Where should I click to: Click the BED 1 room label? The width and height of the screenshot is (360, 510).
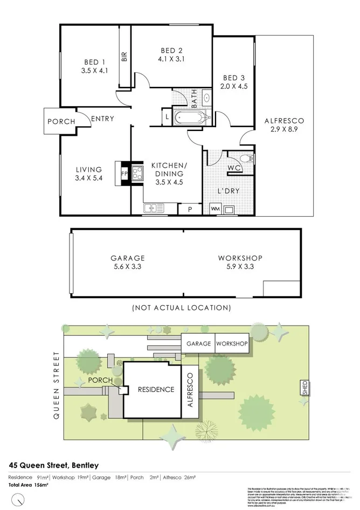pyautogui.click(x=95, y=61)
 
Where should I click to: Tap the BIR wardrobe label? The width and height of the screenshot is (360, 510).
pyautogui.click(x=124, y=57)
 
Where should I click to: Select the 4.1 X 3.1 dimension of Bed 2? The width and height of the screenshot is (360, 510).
pyautogui.click(x=171, y=59)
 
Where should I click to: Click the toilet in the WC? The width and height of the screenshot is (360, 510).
pyautogui.click(x=245, y=158)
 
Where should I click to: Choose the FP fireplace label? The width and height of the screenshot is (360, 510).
pyautogui.click(x=124, y=174)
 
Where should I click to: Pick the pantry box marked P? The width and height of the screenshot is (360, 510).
pyautogui.click(x=189, y=209)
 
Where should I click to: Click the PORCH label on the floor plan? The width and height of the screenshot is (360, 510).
pyautogui.click(x=61, y=121)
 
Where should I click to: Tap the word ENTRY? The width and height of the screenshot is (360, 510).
pyautogui.click(x=102, y=119)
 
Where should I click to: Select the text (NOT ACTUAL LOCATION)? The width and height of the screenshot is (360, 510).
pyautogui.click(x=181, y=308)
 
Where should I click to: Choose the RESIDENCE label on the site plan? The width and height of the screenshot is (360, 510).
pyautogui.click(x=156, y=389)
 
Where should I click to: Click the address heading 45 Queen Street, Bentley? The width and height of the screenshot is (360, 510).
pyautogui.click(x=53, y=465)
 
